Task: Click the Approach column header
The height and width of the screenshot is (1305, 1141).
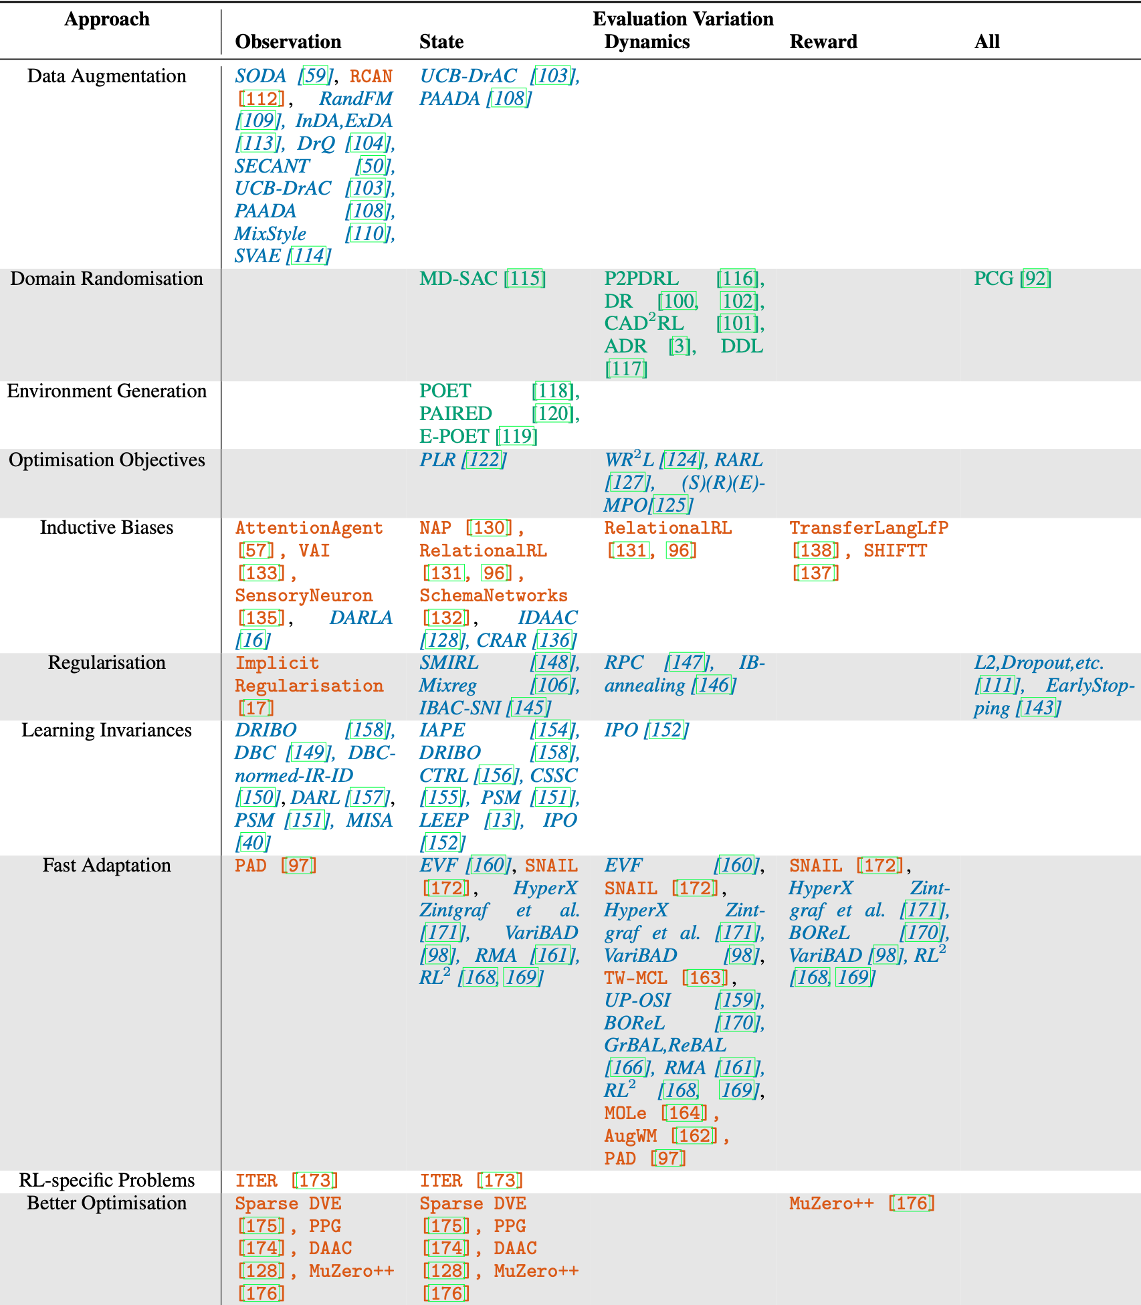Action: coord(107,19)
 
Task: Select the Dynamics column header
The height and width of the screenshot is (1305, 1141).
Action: coord(647,42)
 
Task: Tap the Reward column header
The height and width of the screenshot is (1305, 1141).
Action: coord(823,42)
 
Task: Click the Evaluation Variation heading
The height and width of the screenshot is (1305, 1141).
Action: coord(683,19)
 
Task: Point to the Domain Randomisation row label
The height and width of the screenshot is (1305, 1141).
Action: coord(106,279)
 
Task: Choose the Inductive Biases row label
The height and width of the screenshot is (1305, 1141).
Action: coord(106,528)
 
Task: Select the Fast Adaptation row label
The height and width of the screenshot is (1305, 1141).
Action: coord(106,866)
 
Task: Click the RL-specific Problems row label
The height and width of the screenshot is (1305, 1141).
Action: coord(106,1181)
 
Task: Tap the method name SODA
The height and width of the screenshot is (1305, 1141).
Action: coord(260,76)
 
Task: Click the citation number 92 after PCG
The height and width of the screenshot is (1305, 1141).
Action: coord(1036,279)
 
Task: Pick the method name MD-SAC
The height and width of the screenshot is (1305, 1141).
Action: coord(458,279)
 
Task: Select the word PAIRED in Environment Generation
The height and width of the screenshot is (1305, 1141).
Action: coord(455,414)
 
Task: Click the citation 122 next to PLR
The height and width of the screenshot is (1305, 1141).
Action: coord(484,460)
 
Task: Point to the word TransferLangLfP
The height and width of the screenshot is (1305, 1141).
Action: coord(869,528)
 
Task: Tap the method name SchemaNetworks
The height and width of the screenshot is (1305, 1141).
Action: coord(494,595)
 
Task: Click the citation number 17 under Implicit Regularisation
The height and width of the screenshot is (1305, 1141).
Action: coord(256,708)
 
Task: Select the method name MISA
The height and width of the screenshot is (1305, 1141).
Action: coord(369,821)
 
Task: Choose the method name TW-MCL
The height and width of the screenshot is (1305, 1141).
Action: coord(635,978)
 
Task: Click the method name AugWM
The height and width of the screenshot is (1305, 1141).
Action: coord(631,1136)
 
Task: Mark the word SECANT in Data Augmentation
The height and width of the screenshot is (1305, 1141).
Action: coord(272,166)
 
